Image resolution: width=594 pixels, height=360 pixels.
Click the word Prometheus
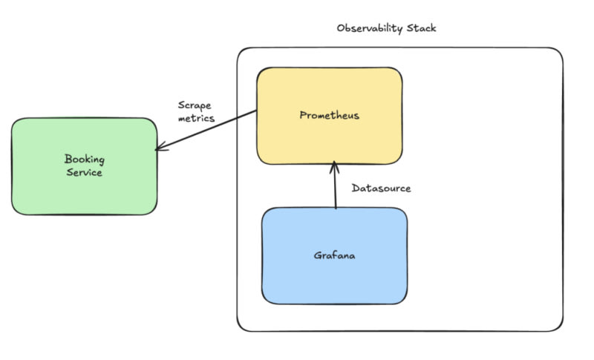tap(330, 115)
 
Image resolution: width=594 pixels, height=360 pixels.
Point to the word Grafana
tap(335, 256)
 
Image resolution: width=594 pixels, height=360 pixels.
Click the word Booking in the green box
tap(84, 158)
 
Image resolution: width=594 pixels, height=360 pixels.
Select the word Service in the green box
tap(84, 172)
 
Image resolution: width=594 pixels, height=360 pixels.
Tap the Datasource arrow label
tap(381, 189)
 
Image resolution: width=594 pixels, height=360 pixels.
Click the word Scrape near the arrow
tap(195, 105)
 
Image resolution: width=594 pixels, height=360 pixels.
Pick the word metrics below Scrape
tap(197, 119)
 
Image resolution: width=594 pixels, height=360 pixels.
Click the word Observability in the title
tap(369, 29)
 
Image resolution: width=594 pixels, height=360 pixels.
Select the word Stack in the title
tap(421, 28)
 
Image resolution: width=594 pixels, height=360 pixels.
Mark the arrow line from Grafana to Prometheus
tap(335, 187)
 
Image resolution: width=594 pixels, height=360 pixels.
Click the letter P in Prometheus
tap(303, 115)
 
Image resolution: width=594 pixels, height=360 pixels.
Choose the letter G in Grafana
tap(317, 256)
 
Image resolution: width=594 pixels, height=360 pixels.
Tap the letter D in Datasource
tap(355, 189)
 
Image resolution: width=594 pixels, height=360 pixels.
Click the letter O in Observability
tap(340, 29)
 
